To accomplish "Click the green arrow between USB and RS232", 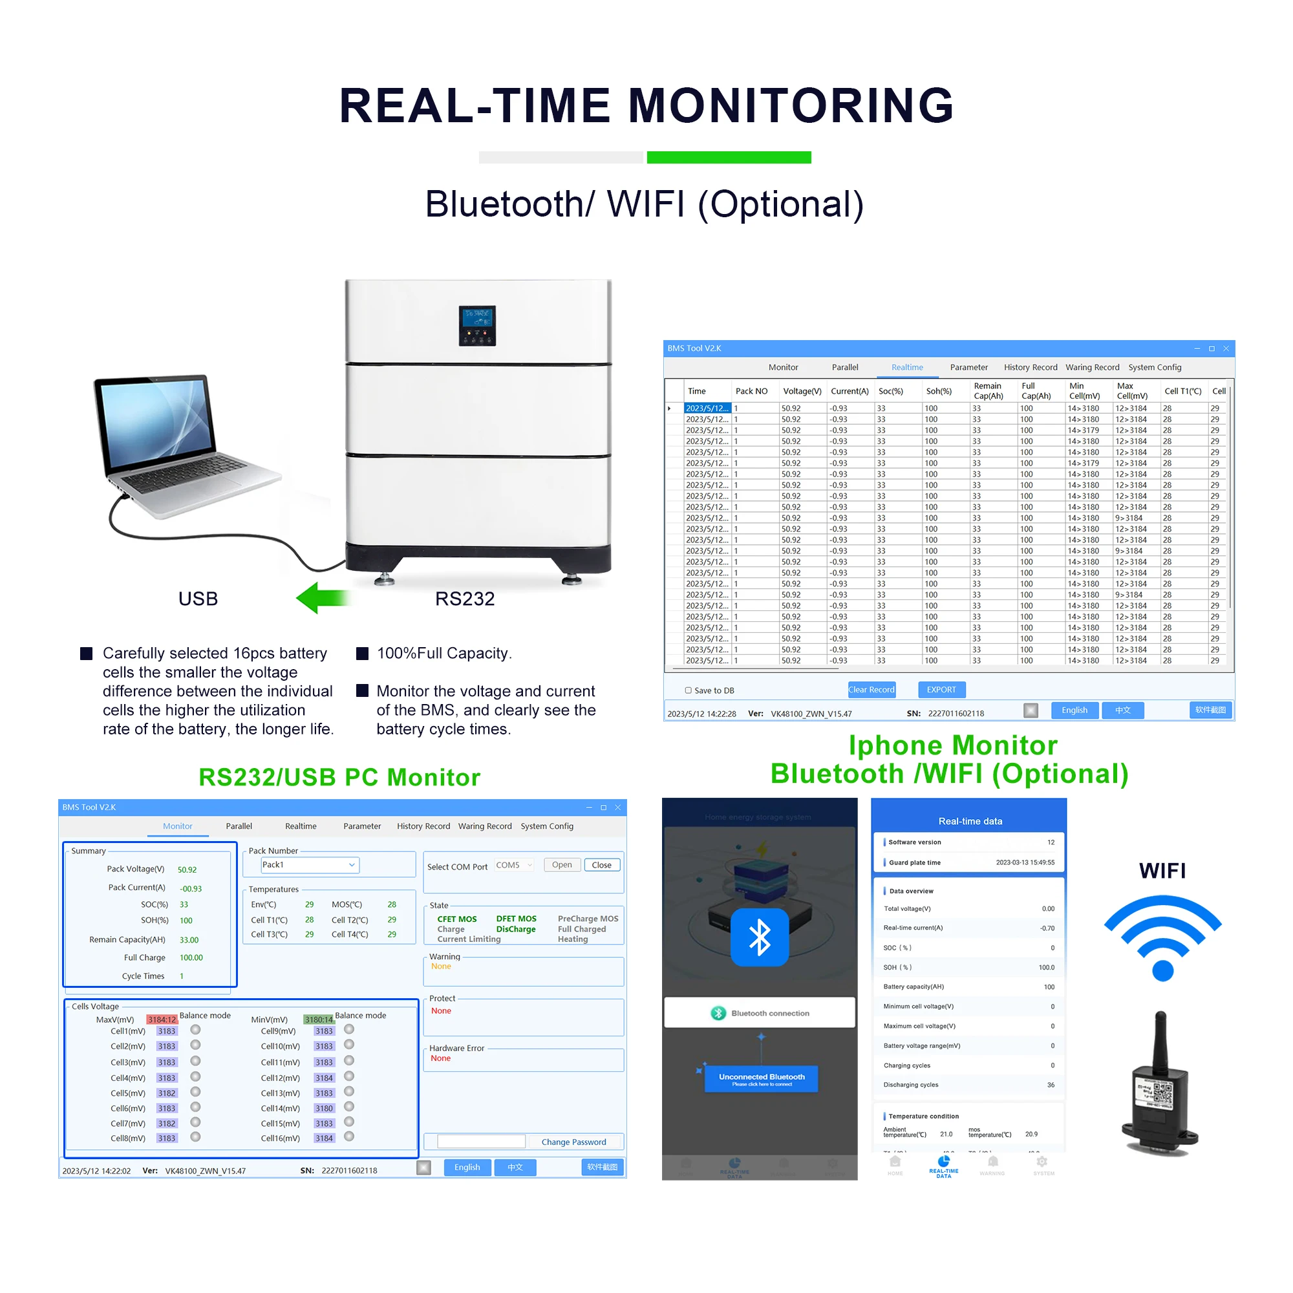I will point(323,597).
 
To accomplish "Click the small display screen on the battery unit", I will point(477,325).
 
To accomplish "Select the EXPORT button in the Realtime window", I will point(941,689).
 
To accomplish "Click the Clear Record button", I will point(871,689).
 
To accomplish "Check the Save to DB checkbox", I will point(688,690).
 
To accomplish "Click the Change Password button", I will point(573,1142).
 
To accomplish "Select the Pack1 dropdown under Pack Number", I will point(309,864).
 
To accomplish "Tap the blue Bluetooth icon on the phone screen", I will point(760,936).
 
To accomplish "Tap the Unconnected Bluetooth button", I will point(762,1078).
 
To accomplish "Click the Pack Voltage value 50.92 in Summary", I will point(187,870).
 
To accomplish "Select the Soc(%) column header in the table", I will point(890,391).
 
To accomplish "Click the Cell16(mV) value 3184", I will point(324,1138).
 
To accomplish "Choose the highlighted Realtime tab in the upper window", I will point(907,367).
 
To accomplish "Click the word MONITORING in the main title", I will point(791,106).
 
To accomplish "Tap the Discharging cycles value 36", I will point(1050,1085).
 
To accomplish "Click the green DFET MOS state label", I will point(516,919).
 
